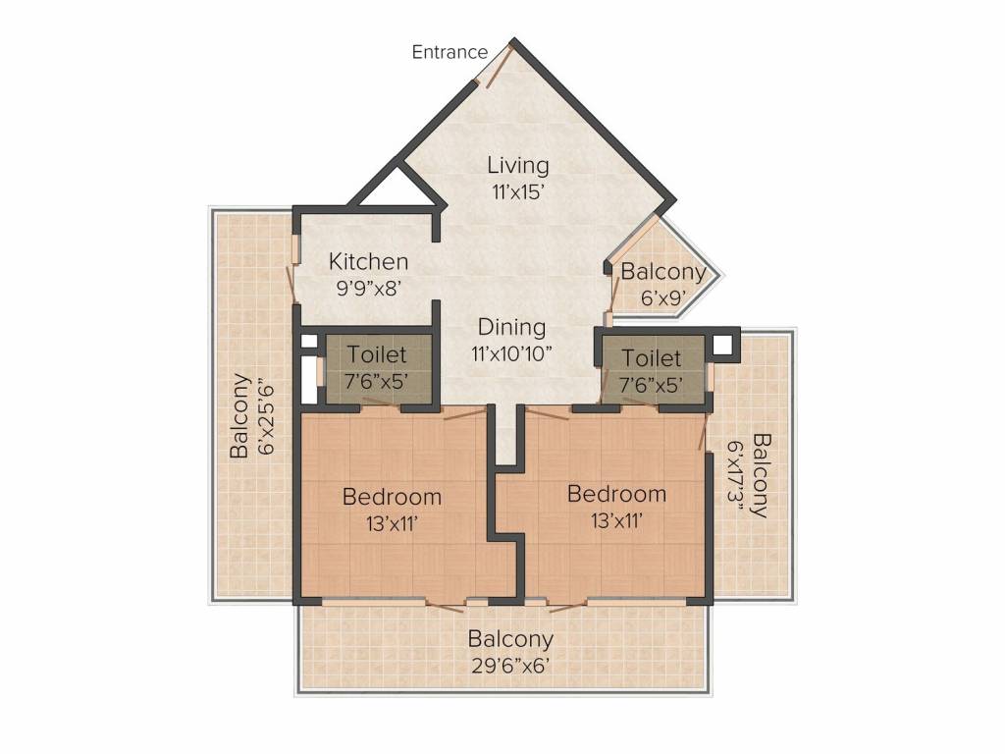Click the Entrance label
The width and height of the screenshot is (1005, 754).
click(x=450, y=52)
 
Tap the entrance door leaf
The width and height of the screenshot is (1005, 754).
click(x=499, y=67)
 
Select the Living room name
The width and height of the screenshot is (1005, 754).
click(x=518, y=165)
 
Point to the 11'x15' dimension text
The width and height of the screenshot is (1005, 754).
click(x=518, y=191)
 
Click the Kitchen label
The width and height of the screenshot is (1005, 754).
click(x=368, y=261)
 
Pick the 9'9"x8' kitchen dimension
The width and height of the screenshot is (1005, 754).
click(x=369, y=289)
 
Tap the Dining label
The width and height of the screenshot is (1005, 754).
click(x=511, y=328)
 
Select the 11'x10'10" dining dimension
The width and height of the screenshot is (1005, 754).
click(x=511, y=353)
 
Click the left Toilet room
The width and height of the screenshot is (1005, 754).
click(x=378, y=369)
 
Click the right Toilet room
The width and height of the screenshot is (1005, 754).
click(x=652, y=370)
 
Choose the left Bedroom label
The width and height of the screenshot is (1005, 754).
click(x=392, y=497)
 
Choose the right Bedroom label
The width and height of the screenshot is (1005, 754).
click(x=616, y=494)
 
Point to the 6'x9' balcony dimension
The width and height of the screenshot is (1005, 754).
click(x=663, y=298)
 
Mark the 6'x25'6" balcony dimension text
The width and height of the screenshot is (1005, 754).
click(x=265, y=419)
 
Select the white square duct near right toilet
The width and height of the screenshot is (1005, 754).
click(x=722, y=345)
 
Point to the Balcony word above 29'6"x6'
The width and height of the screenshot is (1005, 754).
click(x=510, y=640)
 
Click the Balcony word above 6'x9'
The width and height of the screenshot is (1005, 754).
click(x=663, y=272)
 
